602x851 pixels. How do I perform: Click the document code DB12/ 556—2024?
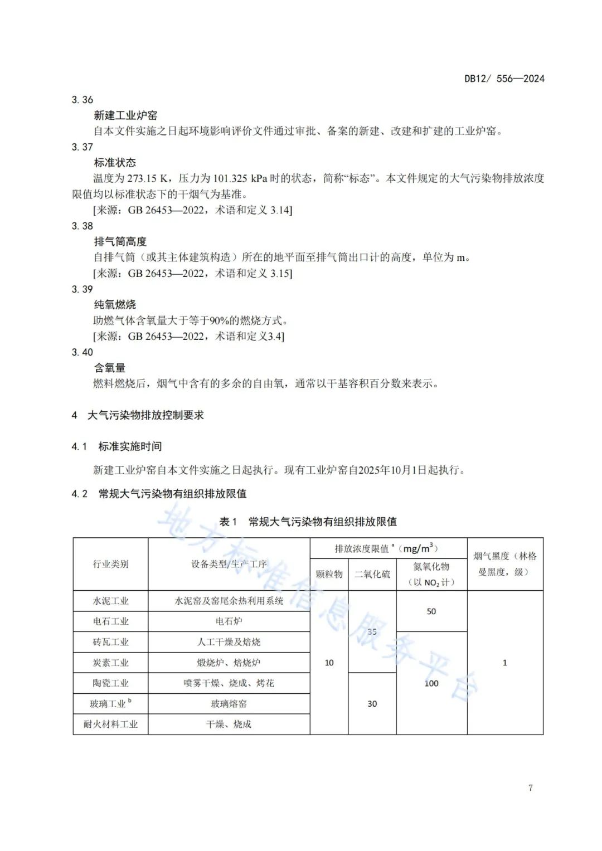504,79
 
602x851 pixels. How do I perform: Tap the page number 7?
530,787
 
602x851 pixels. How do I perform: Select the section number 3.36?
82,100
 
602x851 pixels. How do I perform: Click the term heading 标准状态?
115,163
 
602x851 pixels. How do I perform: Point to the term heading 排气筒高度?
120,241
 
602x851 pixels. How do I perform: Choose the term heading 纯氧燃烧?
115,305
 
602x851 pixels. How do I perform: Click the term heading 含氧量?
110,368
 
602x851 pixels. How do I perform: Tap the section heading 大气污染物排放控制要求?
145,415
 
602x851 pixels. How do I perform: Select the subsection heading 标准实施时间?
130,446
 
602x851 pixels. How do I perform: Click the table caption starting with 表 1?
308,522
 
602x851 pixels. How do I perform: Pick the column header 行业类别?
110,564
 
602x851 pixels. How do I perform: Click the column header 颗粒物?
329,574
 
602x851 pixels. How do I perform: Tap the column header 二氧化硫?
372,574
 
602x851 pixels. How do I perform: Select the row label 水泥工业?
110,601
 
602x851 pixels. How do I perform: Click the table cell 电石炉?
229,621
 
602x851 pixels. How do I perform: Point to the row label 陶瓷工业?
110,683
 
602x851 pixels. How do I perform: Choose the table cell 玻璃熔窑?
229,704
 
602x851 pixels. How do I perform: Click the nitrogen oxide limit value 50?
431,611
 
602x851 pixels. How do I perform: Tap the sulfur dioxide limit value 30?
372,704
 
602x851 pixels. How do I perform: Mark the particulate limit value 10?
329,663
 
